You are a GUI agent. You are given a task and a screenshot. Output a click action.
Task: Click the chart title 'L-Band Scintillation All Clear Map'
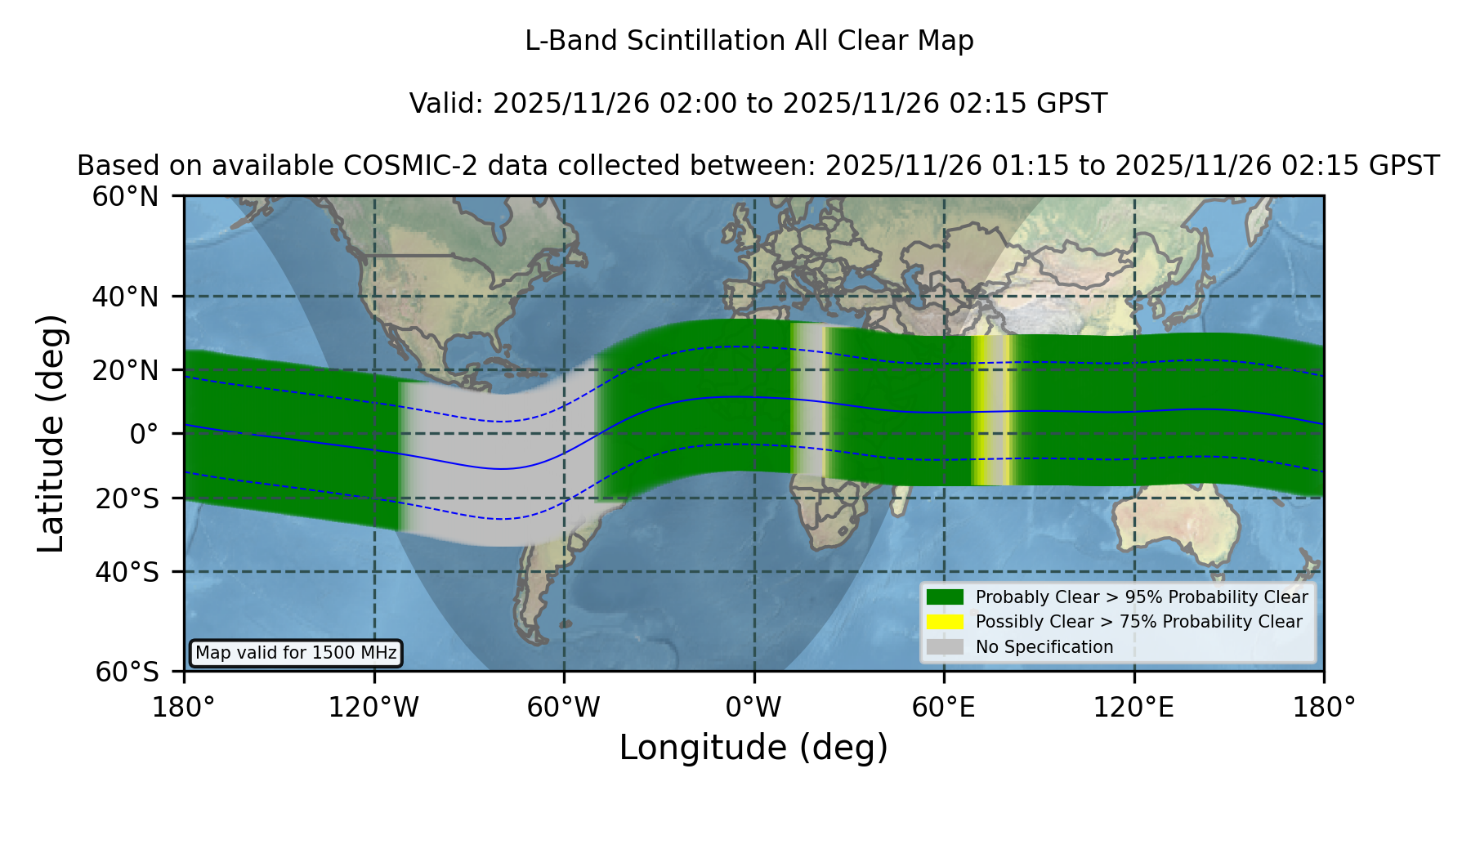[749, 41]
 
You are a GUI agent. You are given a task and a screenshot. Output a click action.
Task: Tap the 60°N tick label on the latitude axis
[126, 197]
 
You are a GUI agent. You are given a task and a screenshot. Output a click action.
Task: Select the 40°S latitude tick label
[127, 572]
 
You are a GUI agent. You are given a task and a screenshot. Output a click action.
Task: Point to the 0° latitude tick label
[144, 434]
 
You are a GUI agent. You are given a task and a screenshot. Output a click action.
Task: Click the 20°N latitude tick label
[126, 370]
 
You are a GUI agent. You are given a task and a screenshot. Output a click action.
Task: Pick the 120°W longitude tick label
[373, 708]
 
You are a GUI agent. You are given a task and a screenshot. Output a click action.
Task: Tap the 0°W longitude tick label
[753, 708]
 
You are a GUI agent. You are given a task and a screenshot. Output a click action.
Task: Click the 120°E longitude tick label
[1133, 708]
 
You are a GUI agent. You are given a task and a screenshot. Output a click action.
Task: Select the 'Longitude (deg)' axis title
[753, 749]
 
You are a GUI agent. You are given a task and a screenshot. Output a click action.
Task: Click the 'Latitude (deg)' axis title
[51, 434]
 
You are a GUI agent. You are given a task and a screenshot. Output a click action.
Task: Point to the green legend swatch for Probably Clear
[945, 597]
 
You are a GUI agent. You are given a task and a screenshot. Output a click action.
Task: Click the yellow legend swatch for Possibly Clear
[945, 622]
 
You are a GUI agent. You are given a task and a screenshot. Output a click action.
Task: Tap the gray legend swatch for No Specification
[945, 647]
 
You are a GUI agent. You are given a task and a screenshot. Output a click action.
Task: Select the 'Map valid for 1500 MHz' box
[296, 653]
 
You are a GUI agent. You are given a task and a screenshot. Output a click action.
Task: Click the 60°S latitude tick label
[127, 673]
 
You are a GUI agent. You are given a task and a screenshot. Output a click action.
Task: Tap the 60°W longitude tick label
[563, 708]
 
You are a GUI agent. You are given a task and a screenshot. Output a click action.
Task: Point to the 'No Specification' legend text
[1044, 647]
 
